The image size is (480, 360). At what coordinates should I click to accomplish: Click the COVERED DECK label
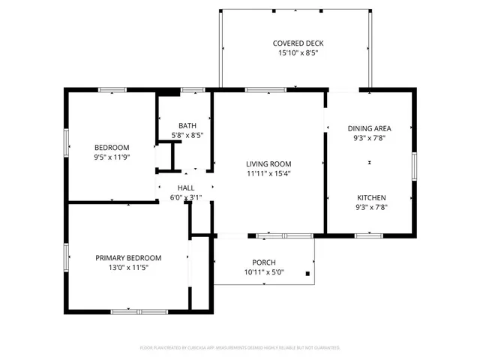[293, 43]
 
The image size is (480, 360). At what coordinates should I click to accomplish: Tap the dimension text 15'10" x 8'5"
[293, 54]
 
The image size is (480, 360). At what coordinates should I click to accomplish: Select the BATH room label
[187, 125]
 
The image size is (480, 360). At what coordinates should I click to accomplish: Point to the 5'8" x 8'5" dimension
[187, 135]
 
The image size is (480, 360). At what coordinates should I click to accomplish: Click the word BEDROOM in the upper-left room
[112, 147]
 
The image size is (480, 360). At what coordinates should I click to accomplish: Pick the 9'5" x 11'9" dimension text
[112, 157]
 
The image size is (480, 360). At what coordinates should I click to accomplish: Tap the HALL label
[186, 187]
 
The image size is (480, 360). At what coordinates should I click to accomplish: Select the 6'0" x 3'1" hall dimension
[186, 197]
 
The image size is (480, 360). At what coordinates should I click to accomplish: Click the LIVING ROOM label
[268, 163]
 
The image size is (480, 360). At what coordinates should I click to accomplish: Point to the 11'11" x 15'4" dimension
[268, 173]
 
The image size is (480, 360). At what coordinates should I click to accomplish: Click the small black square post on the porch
[307, 274]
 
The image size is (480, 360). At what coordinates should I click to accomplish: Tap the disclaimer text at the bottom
[240, 348]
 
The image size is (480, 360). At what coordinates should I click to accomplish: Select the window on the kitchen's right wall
[414, 166]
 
